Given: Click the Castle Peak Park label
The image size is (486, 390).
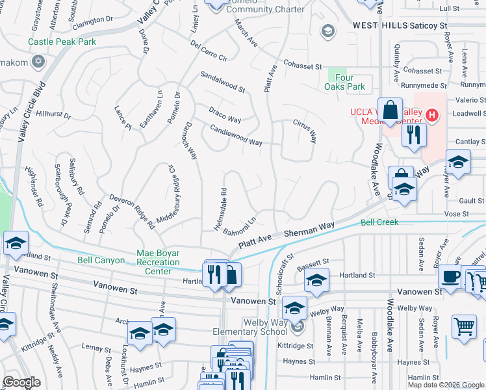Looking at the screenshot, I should point(62,42).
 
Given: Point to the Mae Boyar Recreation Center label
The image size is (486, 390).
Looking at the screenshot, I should point(158,262).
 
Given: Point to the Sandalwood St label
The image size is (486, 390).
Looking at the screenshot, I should point(222,81).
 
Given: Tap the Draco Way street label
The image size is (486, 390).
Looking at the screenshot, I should point(225,115).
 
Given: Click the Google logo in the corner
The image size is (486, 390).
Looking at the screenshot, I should point(22,382).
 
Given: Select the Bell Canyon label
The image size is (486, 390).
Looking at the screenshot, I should point(101,260).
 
